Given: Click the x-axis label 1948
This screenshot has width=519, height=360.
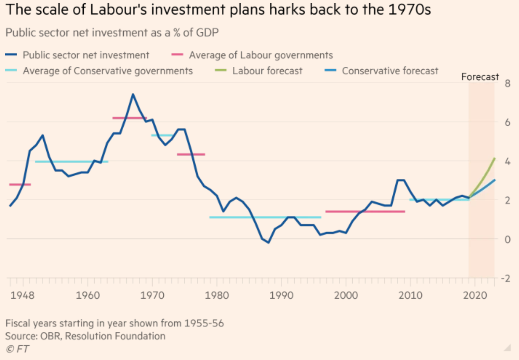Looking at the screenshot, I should click(x=22, y=295).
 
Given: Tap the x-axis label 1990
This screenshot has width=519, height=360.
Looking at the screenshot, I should click(x=281, y=295).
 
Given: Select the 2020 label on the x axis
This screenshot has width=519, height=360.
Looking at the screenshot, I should click(x=475, y=295).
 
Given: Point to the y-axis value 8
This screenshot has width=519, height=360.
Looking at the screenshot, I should click(x=507, y=84).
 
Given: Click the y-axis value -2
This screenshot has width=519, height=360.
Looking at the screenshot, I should click(x=506, y=278).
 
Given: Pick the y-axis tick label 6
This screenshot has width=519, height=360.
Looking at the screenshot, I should click(x=507, y=123).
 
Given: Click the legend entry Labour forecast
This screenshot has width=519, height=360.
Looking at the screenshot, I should click(x=267, y=71).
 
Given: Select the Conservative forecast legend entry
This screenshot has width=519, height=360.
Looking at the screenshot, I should click(x=390, y=71).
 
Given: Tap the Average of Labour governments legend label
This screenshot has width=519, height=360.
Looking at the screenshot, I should click(x=261, y=55).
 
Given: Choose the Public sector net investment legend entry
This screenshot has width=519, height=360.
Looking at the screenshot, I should click(x=86, y=55).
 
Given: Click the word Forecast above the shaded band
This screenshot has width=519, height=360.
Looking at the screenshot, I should click(x=480, y=77).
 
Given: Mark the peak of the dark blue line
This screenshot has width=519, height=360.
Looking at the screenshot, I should click(x=133, y=94).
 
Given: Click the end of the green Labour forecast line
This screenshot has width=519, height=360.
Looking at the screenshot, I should click(x=494, y=159).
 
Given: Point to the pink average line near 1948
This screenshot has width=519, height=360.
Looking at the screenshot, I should click(x=20, y=185).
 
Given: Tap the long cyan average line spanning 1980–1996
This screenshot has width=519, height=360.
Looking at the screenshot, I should click(x=265, y=217).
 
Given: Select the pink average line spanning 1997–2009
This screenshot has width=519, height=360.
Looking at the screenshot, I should click(x=365, y=211).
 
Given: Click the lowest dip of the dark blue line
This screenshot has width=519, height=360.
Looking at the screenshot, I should click(x=268, y=242).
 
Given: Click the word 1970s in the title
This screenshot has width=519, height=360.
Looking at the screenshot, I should click(x=410, y=10).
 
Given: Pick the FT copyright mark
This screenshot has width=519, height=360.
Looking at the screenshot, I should click(x=18, y=349).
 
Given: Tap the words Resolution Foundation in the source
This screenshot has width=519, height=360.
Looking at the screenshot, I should click(x=115, y=336).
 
